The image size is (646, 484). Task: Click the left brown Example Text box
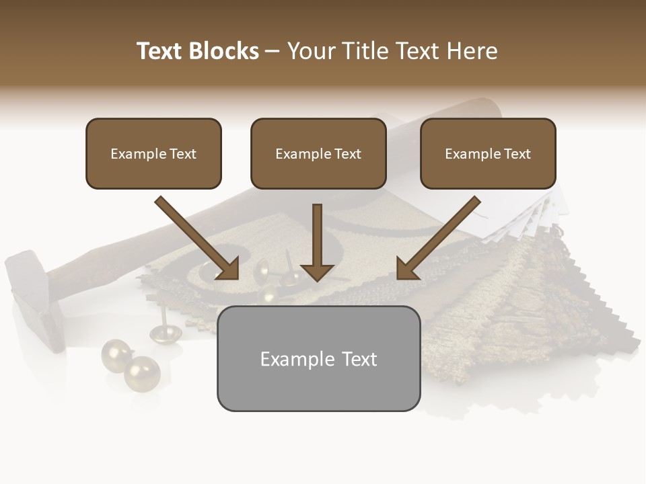pyautogui.click(x=153, y=154)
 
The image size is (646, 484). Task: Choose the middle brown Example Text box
pyautogui.click(x=318, y=154)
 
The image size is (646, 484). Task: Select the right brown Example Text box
pyautogui.click(x=488, y=154)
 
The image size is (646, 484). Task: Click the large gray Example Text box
pyautogui.click(x=318, y=359)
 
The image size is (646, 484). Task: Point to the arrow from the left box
pyautogui.click(x=199, y=238)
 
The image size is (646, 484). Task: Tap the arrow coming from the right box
pyautogui.click(x=437, y=238)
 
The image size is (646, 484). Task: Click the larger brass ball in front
pyautogui.click(x=142, y=373)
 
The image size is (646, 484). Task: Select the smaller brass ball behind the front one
pyautogui.click(x=116, y=354)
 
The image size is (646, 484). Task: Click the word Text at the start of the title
pyautogui.click(x=160, y=51)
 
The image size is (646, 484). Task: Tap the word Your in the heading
pyautogui.click(x=310, y=51)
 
